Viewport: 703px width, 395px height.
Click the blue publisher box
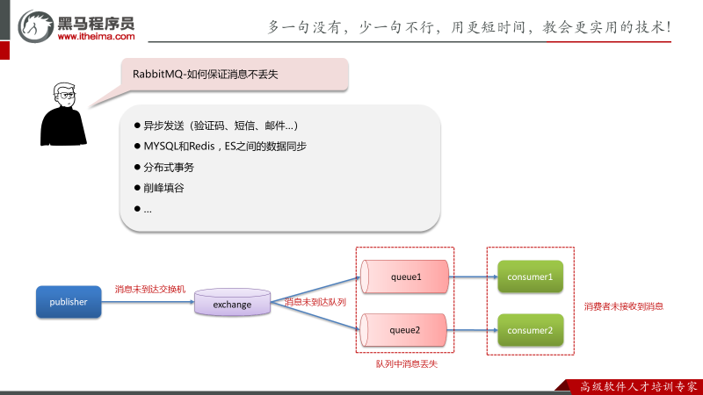click(x=68, y=302)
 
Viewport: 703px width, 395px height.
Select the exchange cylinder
click(x=233, y=305)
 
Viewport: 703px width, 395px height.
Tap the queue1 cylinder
click(x=405, y=277)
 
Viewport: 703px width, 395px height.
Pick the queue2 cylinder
click(x=405, y=330)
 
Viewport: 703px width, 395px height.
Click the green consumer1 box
click(x=529, y=277)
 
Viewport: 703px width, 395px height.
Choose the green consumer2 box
click(x=529, y=330)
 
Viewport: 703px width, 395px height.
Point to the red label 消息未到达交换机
click(x=150, y=289)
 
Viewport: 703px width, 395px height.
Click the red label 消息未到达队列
click(x=315, y=302)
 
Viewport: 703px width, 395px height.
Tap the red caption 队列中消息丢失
click(x=406, y=363)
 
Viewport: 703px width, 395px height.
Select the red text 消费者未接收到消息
click(x=623, y=306)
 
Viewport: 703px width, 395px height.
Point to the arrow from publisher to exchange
click(x=147, y=303)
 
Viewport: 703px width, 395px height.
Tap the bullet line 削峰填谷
click(x=163, y=188)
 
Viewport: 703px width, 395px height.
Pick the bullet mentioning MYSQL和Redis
click(x=224, y=146)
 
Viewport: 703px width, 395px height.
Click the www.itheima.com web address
click(x=96, y=37)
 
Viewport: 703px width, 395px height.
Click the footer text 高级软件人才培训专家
click(x=640, y=385)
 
